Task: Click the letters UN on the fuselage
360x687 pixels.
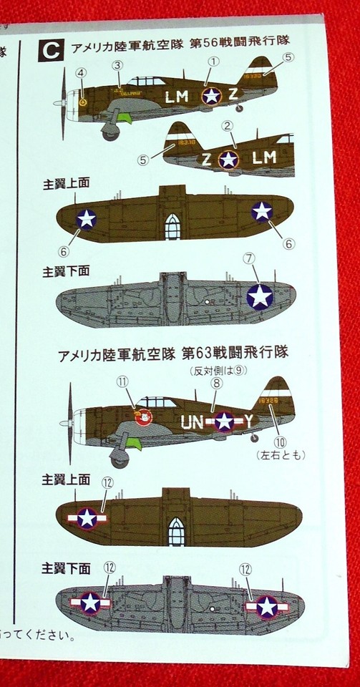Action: tap(193, 421)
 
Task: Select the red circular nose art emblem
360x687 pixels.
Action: tap(142, 416)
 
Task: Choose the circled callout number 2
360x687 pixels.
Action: tap(228, 126)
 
